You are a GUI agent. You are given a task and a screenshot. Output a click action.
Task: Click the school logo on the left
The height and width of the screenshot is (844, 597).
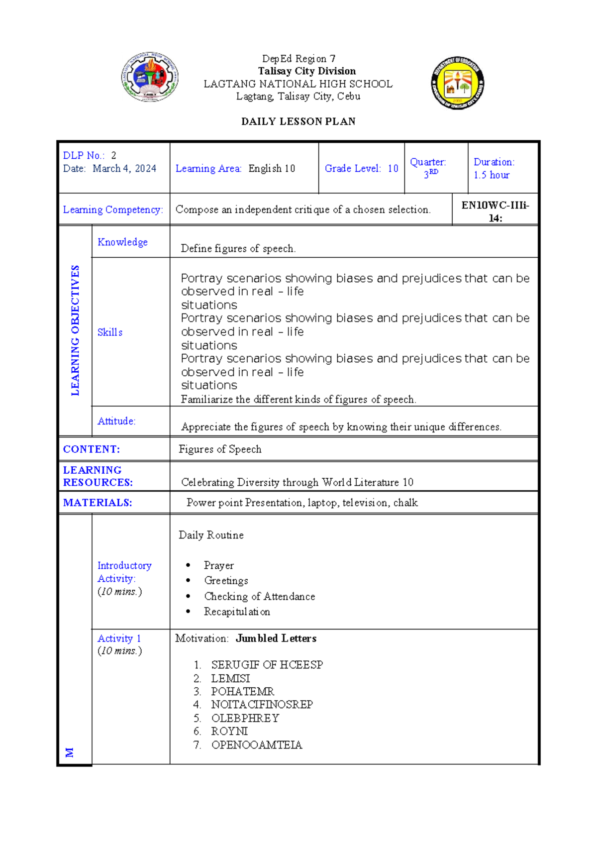pos(150,77)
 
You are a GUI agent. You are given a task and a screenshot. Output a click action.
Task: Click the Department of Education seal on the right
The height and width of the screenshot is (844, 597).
pos(457,83)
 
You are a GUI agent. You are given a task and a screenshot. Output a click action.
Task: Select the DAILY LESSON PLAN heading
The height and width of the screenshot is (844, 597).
pos(298,121)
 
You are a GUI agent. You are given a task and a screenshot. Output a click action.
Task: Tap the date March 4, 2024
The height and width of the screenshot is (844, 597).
pos(124,169)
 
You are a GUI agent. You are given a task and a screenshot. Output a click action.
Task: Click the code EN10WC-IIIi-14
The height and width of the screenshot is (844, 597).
pos(495,211)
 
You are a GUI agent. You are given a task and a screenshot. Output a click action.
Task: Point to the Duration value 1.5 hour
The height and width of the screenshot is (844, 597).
pos(491,175)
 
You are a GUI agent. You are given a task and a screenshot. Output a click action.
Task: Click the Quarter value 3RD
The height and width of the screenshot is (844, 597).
pos(430,174)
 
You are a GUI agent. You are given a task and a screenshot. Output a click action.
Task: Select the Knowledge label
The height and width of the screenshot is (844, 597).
pos(122,242)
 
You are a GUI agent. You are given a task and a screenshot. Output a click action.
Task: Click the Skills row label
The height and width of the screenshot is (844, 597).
pos(110,332)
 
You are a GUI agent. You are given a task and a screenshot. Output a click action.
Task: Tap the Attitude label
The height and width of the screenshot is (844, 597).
pos(116,421)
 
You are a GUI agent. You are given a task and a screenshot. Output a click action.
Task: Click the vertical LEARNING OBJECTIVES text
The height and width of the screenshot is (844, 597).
pos(75,330)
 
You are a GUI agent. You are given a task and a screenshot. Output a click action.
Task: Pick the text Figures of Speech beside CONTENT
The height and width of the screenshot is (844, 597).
pos(220,449)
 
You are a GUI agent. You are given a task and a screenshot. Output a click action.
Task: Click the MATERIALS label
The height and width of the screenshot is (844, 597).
pos(98,503)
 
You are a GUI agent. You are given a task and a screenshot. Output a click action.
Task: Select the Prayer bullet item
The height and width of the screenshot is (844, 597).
pos(218,566)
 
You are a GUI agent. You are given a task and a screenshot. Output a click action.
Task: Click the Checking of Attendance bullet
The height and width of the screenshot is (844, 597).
pos(259,597)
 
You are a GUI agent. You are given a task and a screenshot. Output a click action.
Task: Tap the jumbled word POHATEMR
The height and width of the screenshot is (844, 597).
pos(242,692)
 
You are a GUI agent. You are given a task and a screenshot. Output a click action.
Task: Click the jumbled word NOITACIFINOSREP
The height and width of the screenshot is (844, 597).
pos(262,705)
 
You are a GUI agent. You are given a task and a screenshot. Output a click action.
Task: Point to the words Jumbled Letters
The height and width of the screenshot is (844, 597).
pos(276,638)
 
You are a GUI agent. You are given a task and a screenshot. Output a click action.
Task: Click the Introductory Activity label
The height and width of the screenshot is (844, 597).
pos(124,572)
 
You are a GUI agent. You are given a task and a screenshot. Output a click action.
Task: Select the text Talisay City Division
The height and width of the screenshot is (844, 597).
pos(306,71)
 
